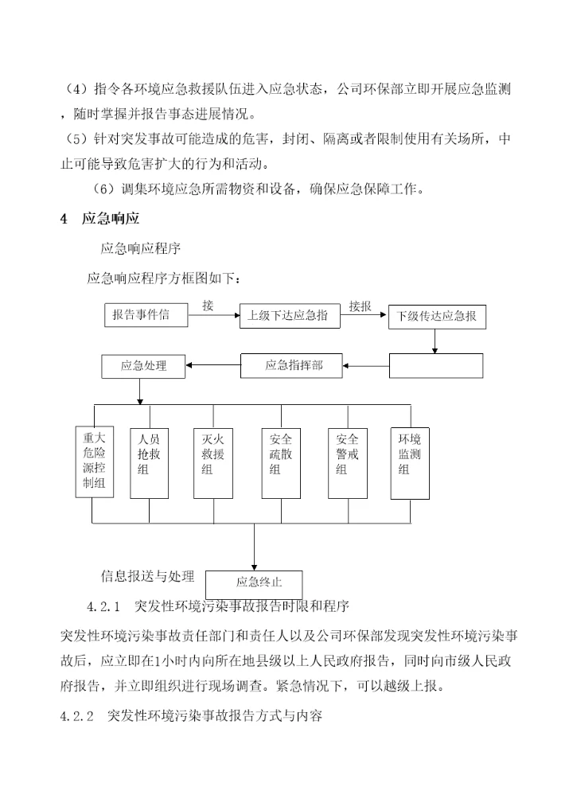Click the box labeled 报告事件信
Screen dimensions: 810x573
(146, 315)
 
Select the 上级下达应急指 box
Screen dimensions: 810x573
(289, 316)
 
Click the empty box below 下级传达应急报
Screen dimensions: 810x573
(436, 365)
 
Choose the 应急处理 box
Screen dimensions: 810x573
(144, 366)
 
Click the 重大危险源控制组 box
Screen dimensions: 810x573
(95, 463)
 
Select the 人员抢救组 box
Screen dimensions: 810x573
(149, 463)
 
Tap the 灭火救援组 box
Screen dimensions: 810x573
(212, 463)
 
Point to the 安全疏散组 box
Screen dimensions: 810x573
(280, 463)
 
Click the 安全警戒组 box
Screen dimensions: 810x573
(347, 463)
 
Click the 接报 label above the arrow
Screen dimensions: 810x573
(360, 306)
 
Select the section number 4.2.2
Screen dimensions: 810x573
(77, 715)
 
